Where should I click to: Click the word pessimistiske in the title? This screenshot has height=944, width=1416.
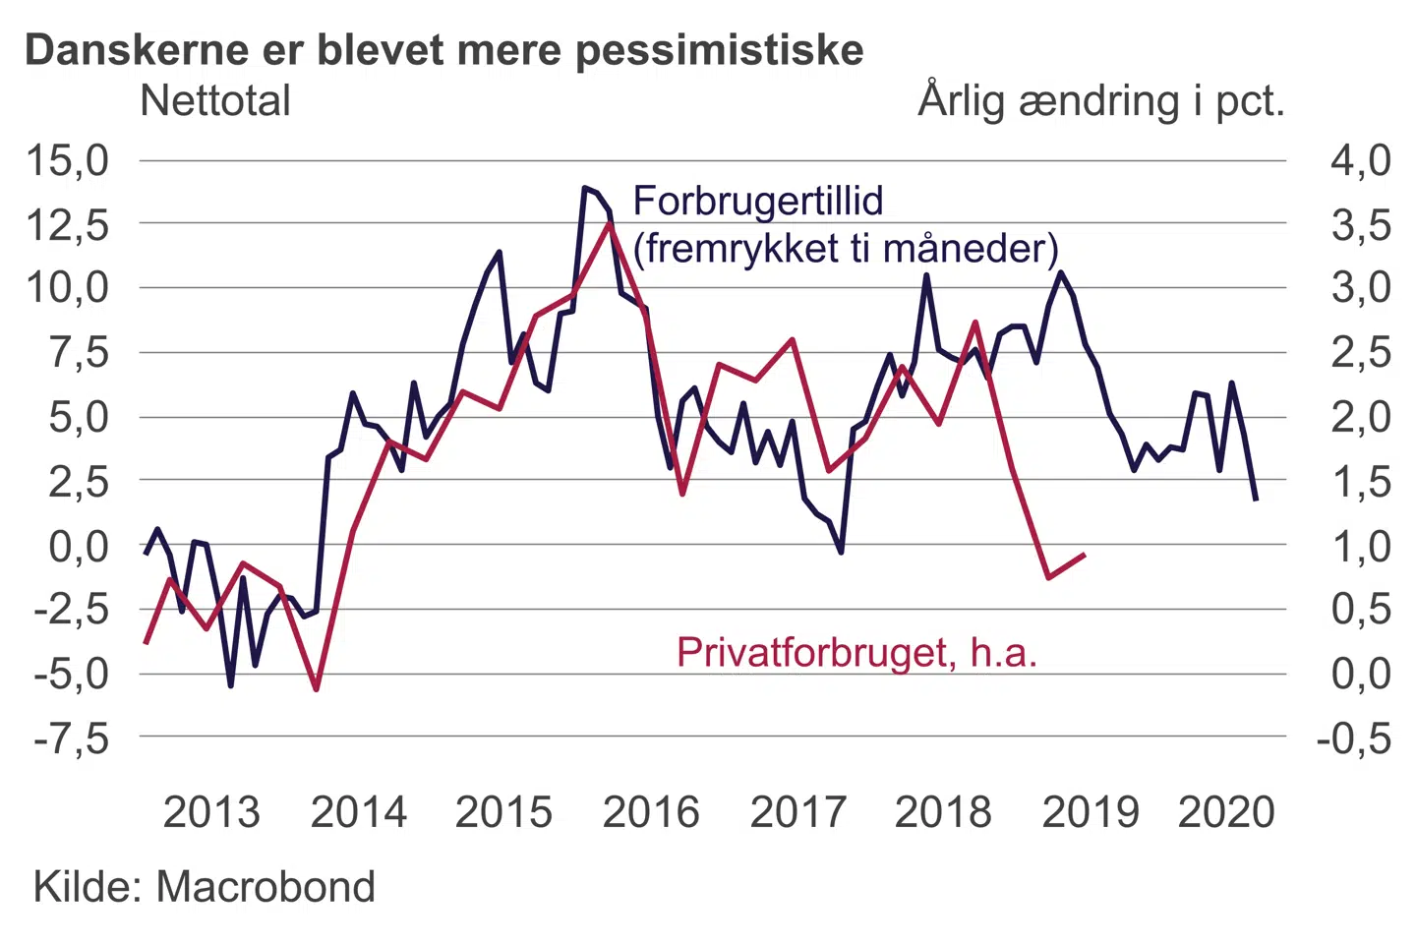coord(719,49)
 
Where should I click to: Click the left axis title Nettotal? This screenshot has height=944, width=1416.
coord(215,100)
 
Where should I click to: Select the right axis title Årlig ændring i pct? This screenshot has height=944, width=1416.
coord(1101,100)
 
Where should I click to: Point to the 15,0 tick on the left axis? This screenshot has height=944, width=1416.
coord(67,159)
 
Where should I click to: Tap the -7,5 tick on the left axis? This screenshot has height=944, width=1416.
coord(71,737)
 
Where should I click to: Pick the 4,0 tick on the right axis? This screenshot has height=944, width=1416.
coord(1361,159)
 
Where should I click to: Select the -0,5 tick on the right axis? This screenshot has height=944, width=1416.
coord(1354,737)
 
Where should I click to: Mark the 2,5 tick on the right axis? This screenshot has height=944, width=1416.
coord(1361,352)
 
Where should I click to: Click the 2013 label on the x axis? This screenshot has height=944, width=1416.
coord(211,812)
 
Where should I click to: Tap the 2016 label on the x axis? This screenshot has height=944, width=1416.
coord(651,812)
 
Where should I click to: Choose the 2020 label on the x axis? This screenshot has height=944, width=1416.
coord(1226,812)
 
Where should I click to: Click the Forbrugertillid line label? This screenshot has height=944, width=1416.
coord(758,201)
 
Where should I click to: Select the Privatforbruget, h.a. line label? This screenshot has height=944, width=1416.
coord(856,652)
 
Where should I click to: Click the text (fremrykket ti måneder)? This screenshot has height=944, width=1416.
coord(846,248)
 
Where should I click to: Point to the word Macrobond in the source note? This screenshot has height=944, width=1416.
coord(265,887)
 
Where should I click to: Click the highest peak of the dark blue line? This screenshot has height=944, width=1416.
coord(585,187)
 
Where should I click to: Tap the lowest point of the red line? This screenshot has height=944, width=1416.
coord(317,689)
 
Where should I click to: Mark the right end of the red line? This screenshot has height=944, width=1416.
coord(1085,555)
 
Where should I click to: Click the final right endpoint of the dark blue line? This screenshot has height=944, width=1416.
coord(1256,501)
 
